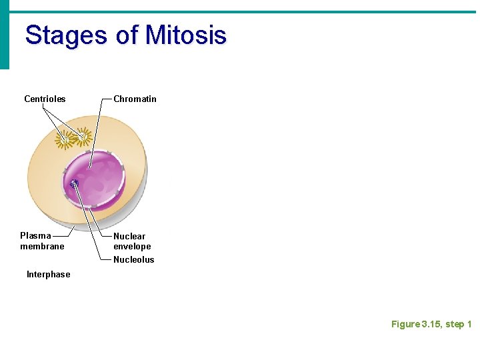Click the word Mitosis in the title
click(186, 35)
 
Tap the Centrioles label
click(45, 99)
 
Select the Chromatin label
click(135, 99)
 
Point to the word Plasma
click(35, 236)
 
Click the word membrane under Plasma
click(42, 247)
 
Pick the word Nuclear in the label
click(129, 236)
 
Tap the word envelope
click(132, 247)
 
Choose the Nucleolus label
click(133, 260)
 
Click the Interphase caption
click(48, 275)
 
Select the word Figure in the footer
click(405, 325)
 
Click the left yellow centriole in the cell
click(66, 139)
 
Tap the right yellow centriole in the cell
click(83, 136)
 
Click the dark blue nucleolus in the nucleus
click(73, 184)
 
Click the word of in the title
click(127, 35)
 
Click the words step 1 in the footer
click(459, 325)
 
